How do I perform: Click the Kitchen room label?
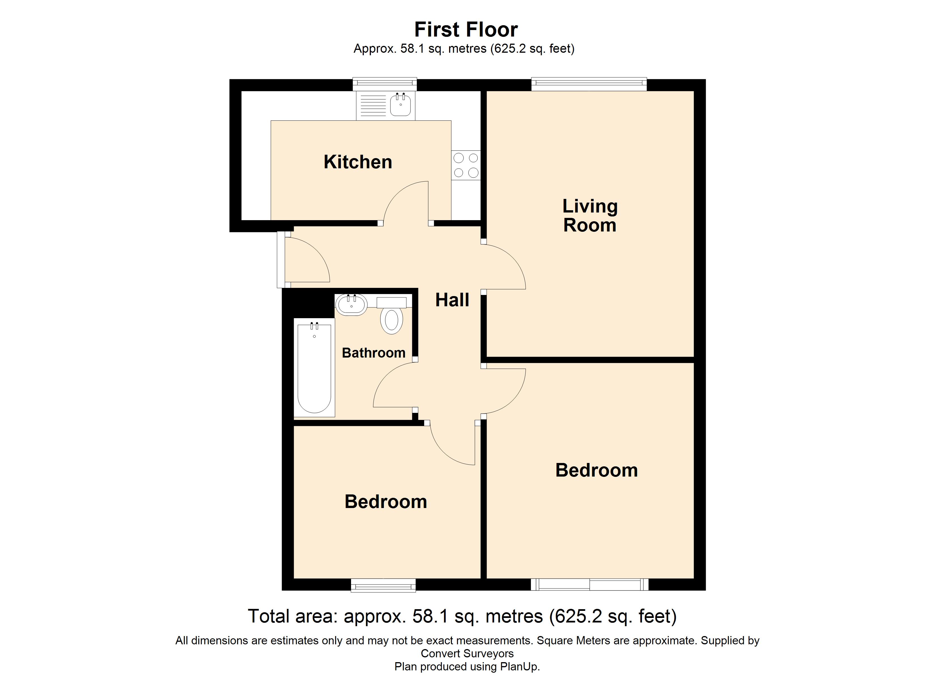(358, 162)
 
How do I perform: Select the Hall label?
(452, 300)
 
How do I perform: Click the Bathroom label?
(373, 353)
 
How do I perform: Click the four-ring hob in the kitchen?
(466, 165)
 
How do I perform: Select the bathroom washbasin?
(351, 305)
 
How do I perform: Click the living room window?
(589, 84)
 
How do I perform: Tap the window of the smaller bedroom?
(383, 585)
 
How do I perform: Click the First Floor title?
(466, 30)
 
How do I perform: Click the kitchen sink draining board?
(373, 106)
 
